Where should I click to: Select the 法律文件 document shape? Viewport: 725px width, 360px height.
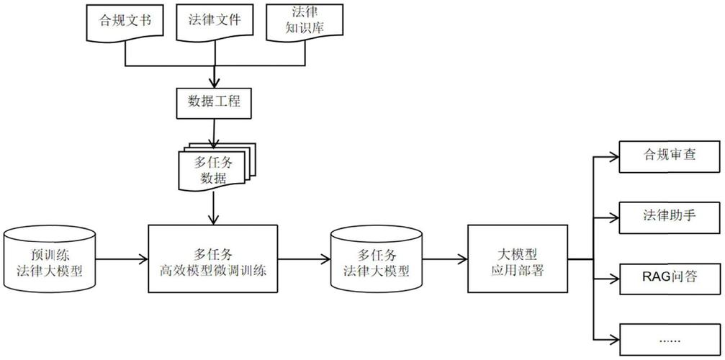[214, 22]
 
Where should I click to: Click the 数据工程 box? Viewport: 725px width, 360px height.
[214, 103]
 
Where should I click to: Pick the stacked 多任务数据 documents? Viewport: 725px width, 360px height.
[212, 168]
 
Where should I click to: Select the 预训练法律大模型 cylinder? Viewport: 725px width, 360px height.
[50, 261]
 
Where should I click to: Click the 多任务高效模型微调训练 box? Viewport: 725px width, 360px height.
[212, 259]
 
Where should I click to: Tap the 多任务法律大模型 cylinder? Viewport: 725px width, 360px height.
[375, 261]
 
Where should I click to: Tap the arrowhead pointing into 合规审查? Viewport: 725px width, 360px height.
[613, 156]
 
